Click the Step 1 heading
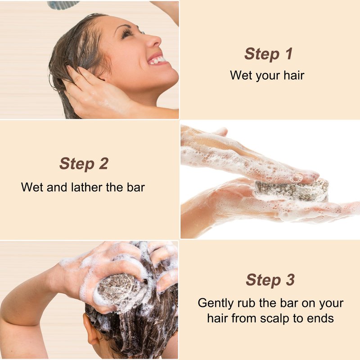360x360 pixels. pos(268,54)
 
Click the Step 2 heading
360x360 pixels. pos(84,164)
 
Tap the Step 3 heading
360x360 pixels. pos(270,280)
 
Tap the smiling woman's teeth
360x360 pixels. pos(157,60)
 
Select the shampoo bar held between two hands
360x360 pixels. pos(291,190)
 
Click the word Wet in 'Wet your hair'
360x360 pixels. pos(240,75)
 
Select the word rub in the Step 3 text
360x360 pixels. pos(246,303)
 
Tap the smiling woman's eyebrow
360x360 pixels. pos(124,27)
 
